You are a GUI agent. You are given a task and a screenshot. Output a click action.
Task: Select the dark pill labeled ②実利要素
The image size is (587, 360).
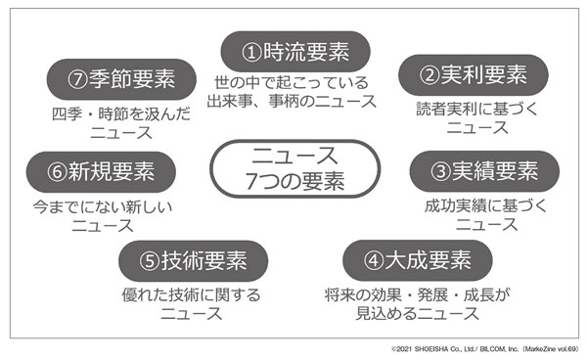point(466,74)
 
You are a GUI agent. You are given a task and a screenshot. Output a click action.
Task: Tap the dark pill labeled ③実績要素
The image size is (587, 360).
point(474,170)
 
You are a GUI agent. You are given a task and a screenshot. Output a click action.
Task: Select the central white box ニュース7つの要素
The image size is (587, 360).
point(293,167)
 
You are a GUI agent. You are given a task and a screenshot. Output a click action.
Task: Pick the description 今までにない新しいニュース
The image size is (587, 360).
point(102,215)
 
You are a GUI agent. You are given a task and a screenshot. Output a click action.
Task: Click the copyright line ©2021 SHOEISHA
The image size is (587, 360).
point(485,348)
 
